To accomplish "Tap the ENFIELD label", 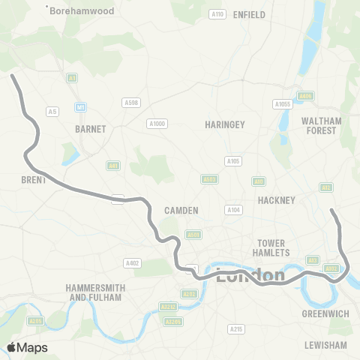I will pyautogui.click(x=250, y=14).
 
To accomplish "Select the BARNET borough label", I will pyautogui.click(x=91, y=129).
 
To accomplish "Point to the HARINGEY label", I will pyautogui.click(x=225, y=125).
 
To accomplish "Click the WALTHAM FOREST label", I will pyautogui.click(x=321, y=125).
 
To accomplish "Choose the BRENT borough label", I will pyautogui.click(x=34, y=181).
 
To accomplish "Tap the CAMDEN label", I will pyautogui.click(x=181, y=211).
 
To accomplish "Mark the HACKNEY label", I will pyautogui.click(x=277, y=199).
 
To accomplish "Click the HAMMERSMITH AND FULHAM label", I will pyautogui.click(x=95, y=292).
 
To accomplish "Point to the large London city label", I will pyautogui.click(x=250, y=275).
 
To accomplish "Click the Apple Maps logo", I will pyautogui.click(x=27, y=347).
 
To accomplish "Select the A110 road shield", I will pyautogui.click(x=217, y=14).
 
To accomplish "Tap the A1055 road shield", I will pyautogui.click(x=282, y=104).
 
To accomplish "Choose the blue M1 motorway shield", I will pyautogui.click(x=79, y=108).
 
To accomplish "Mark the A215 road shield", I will pyautogui.click(x=236, y=328).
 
